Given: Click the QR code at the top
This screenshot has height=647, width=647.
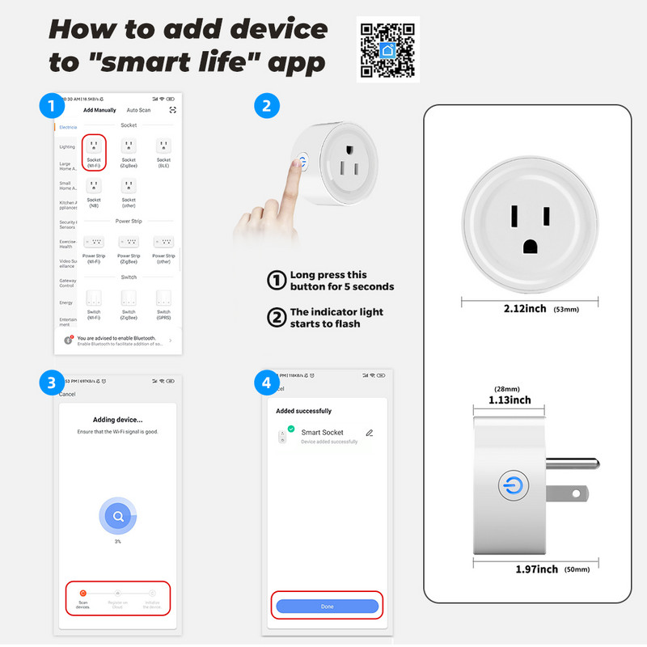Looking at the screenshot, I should (x=387, y=49).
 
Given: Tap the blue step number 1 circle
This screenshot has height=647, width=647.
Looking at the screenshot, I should (x=52, y=106).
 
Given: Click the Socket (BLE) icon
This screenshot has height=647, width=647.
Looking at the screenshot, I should (x=163, y=146).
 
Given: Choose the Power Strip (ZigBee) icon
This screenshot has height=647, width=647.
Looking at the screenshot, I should (x=129, y=242).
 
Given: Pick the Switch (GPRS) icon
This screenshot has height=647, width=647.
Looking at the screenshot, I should (x=163, y=297).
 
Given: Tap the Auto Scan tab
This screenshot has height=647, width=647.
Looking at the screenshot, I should (x=138, y=110).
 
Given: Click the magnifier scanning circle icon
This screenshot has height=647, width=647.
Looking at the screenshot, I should (x=118, y=515).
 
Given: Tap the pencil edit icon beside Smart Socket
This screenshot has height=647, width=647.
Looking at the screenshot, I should (x=370, y=433).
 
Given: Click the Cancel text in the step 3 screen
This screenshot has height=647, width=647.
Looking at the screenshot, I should (x=68, y=394).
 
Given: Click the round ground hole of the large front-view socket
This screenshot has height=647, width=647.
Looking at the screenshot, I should (x=531, y=247).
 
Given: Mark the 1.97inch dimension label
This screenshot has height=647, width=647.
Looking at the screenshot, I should (x=536, y=569).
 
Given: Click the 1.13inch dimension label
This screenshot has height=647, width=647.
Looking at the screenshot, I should (x=510, y=400).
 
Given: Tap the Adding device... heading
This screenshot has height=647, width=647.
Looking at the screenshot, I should (x=118, y=419).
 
